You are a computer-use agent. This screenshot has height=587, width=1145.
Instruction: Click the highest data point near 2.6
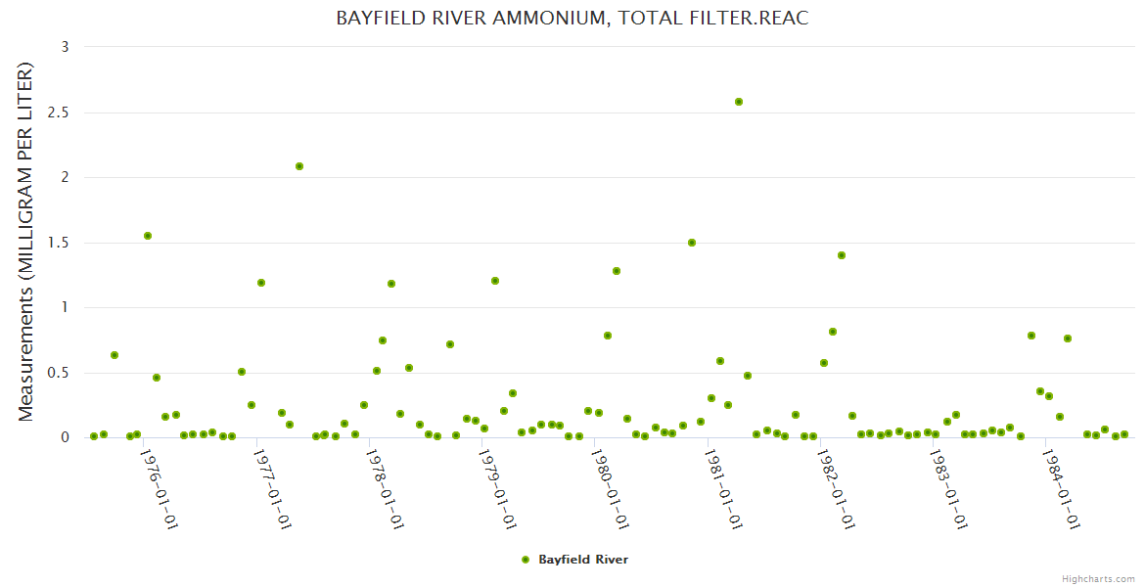[739, 102]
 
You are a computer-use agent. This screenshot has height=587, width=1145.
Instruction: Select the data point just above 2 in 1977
[299, 166]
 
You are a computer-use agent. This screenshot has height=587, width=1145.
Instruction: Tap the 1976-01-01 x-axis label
[159, 489]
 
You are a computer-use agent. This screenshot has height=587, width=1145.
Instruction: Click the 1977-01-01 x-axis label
[272, 489]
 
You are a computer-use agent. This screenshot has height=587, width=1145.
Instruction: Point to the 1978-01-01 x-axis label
[386, 489]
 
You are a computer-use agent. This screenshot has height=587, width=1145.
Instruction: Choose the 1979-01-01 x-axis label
[498, 489]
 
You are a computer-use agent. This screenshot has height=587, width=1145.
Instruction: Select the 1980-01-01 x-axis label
[612, 489]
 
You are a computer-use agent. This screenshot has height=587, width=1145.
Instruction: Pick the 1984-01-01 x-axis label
[1064, 489]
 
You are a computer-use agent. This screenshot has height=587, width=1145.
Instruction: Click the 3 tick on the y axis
[65, 47]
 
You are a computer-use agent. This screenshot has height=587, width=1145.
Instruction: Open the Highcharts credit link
[1098, 579]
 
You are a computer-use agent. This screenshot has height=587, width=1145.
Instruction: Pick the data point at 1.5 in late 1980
[692, 243]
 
